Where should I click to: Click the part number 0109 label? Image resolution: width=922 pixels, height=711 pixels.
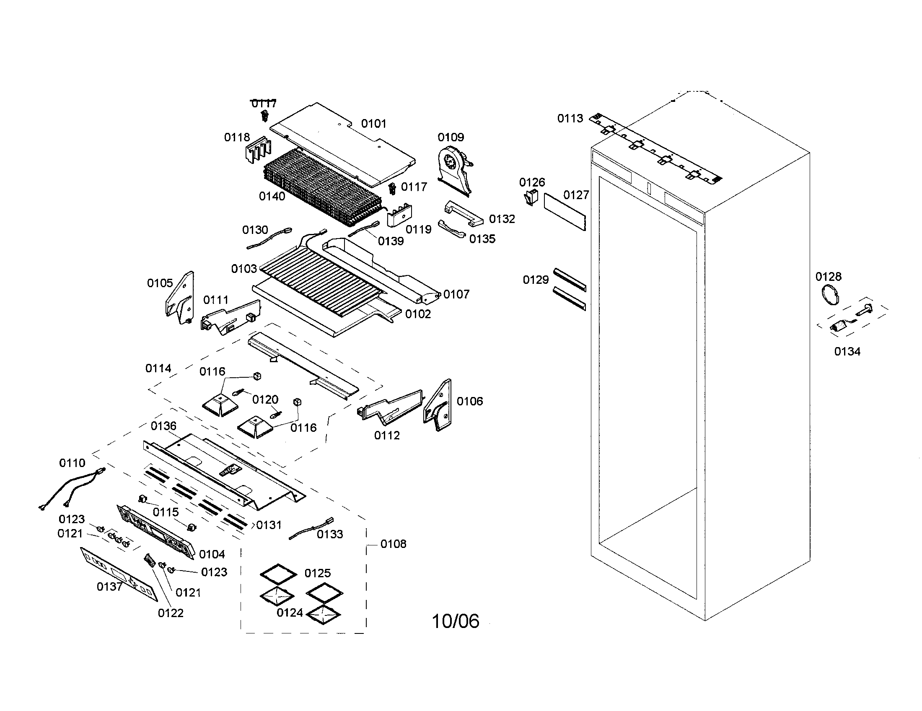coord(451,137)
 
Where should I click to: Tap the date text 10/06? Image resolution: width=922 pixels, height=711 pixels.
coord(456,621)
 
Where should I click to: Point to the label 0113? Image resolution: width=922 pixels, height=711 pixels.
coord(570,119)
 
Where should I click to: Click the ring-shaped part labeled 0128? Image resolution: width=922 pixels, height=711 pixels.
coord(829,294)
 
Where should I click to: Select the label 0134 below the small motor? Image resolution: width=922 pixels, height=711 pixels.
coord(847,351)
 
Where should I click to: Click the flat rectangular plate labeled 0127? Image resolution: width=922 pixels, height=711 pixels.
coord(565,212)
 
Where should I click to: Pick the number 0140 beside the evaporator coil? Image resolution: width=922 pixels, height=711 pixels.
coord(272,196)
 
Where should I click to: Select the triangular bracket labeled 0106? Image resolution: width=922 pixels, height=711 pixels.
coord(438,405)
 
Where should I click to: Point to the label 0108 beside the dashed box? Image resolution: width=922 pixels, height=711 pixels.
coord(393,544)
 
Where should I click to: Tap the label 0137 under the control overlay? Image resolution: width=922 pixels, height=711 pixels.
coord(109,586)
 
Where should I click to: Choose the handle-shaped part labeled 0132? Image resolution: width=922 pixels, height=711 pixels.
coord(463,214)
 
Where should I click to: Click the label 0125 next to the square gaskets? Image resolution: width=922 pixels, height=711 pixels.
coord(318,573)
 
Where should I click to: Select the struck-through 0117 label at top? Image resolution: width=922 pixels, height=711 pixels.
coord(264,104)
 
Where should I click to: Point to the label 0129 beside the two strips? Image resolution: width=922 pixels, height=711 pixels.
coord(535,280)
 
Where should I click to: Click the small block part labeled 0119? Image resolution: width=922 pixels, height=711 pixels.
coord(399,215)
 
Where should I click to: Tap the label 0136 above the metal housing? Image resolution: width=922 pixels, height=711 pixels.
coord(163,426)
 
